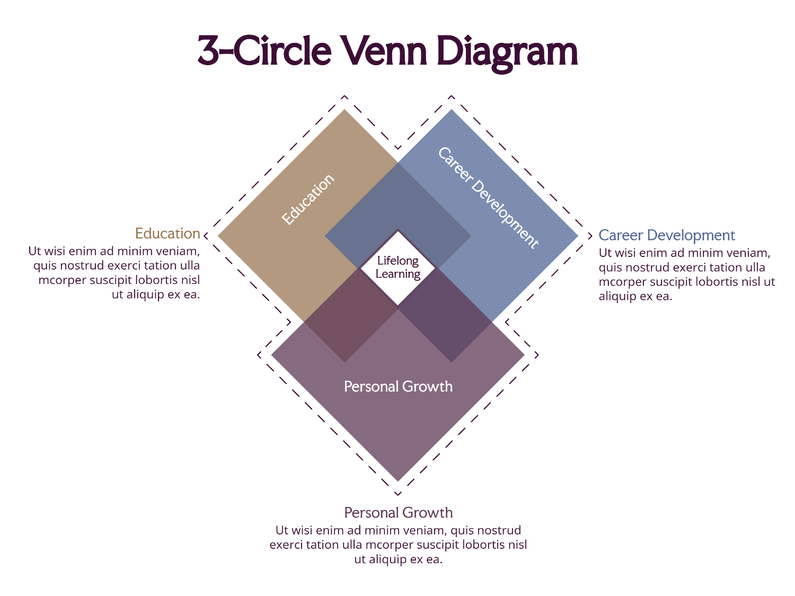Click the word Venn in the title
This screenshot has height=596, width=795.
coord(385,51)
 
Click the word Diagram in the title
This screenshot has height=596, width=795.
coord(507,54)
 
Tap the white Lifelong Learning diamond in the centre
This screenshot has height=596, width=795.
coord(397,268)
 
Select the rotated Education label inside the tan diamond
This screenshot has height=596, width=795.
coord(308,199)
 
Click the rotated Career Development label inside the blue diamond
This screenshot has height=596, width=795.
coord(488,198)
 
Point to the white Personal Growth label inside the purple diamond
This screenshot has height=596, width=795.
coord(398,387)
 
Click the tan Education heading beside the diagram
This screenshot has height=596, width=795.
coord(167,234)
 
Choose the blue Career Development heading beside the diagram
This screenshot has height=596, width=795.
coord(667,236)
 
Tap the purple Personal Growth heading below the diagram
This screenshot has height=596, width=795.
coord(398,513)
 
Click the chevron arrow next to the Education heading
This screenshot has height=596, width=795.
coord(206,236)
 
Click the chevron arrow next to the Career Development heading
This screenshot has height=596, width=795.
coord(590,236)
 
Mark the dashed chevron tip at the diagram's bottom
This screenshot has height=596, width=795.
coord(397,494)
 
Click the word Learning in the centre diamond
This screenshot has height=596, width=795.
coord(397,274)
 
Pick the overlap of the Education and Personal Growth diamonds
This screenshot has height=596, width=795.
coord(351,315)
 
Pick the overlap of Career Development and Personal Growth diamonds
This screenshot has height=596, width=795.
coord(445,315)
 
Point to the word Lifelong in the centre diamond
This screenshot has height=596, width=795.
coord(397,261)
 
